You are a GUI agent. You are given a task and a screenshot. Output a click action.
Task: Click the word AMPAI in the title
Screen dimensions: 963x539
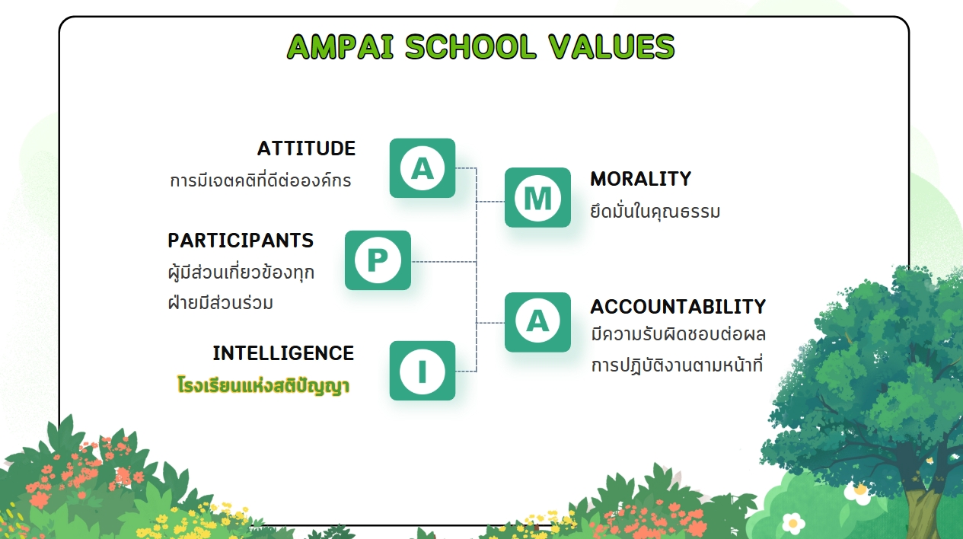click(x=340, y=46)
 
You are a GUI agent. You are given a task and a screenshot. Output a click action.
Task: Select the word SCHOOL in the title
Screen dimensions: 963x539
click(x=470, y=46)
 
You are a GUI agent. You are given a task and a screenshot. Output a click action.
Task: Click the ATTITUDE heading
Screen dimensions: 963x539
click(x=307, y=148)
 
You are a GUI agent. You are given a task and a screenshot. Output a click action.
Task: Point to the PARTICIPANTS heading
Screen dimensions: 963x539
click(x=241, y=241)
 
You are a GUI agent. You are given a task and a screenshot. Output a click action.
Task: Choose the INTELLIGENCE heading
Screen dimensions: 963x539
click(x=283, y=353)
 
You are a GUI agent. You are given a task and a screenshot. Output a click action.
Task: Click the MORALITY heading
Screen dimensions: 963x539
click(x=640, y=179)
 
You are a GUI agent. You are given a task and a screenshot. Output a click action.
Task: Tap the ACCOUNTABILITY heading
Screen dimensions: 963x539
click(x=678, y=307)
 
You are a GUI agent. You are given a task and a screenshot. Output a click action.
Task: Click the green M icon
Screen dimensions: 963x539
click(x=537, y=197)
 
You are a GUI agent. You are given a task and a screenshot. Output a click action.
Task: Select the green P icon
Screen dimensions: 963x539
click(x=378, y=260)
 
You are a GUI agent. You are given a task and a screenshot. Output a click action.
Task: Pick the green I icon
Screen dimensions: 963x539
click(x=423, y=371)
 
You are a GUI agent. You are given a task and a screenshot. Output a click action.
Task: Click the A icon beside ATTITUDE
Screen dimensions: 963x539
click(x=423, y=168)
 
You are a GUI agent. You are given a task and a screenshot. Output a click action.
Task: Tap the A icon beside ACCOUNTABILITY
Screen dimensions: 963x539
click(x=537, y=322)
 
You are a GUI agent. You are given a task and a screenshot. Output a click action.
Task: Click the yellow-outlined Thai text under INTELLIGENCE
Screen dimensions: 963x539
click(x=263, y=385)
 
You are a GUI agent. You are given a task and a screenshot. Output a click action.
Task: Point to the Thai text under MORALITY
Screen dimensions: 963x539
click(x=655, y=211)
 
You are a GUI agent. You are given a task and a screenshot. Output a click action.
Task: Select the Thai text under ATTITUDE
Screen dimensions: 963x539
click(x=260, y=180)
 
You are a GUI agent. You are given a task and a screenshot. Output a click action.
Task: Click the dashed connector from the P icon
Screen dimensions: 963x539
click(x=444, y=261)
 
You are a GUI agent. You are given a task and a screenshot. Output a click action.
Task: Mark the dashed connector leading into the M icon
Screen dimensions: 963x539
click(x=490, y=201)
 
